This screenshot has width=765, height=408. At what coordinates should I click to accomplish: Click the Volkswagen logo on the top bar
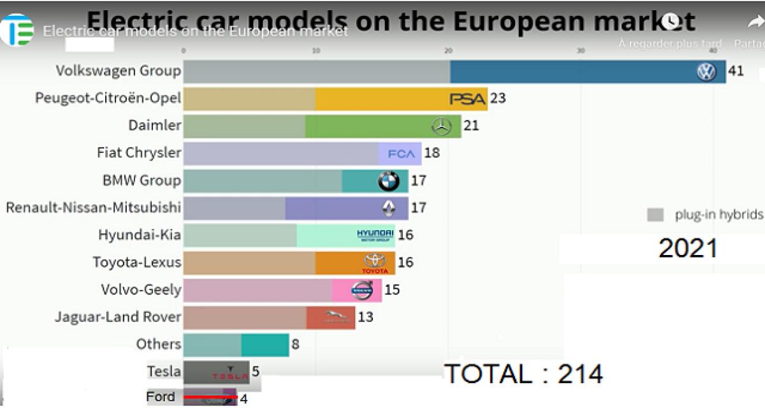point(706,72)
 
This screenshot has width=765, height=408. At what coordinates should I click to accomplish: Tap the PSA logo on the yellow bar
point(468,99)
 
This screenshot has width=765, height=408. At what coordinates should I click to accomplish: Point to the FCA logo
point(402,154)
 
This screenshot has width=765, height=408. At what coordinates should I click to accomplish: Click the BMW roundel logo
point(388,182)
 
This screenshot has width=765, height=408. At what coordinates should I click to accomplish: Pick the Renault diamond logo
point(388,208)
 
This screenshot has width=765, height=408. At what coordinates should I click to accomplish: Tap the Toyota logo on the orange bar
point(375,262)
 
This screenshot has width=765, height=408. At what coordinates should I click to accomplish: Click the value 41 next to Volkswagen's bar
point(736,71)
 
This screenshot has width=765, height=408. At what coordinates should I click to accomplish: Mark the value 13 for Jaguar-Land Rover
point(365,317)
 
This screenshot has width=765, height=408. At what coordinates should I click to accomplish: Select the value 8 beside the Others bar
point(295,345)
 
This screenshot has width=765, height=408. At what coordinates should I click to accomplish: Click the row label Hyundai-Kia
point(140,235)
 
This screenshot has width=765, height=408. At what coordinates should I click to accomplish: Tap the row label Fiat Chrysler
point(139,153)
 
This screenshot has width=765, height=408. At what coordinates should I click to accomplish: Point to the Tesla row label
point(164,371)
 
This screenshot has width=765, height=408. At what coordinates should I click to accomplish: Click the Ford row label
point(161,397)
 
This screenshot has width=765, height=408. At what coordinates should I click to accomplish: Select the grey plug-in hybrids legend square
point(655,214)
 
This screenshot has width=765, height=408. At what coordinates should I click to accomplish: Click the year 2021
point(688,248)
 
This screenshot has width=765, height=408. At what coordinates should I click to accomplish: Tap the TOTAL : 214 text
point(523,374)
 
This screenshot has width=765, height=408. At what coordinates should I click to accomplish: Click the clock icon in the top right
point(670,22)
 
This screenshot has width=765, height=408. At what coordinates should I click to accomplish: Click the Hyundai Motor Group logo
point(375,235)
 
